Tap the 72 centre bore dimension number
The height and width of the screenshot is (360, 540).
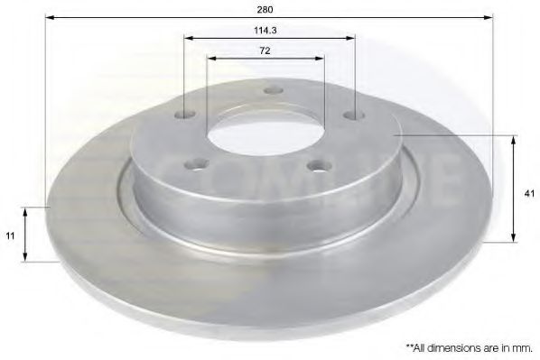[x=265, y=51]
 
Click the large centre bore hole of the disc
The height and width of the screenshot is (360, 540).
[x=265, y=134]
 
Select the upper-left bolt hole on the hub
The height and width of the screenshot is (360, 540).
[x=187, y=115]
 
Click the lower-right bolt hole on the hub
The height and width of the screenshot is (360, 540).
[x=314, y=164]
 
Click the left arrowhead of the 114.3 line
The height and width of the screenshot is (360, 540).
[x=188, y=38]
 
